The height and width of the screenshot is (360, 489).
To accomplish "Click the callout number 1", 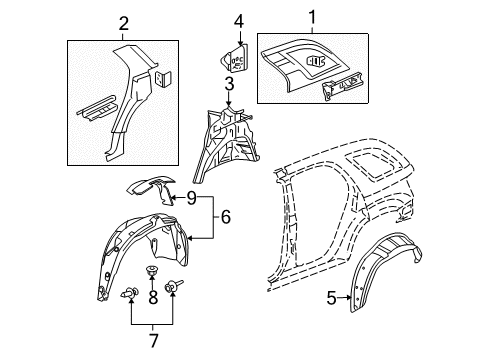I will [x=311, y=17].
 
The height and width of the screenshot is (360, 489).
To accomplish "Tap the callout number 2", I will [x=123, y=23].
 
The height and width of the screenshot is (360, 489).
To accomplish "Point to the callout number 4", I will [x=239, y=21].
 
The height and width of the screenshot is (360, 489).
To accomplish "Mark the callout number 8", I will [x=152, y=296].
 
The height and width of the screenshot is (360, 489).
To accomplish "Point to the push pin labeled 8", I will [x=153, y=273].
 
